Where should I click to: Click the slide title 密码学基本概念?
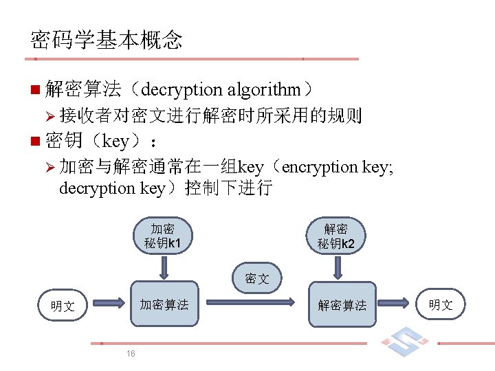click(x=107, y=40)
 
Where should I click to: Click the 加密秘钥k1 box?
click(x=163, y=236)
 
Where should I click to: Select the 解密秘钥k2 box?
click(x=337, y=236)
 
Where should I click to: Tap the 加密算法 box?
click(x=164, y=303)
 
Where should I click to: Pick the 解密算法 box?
click(x=342, y=304)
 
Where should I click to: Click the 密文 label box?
click(x=256, y=278)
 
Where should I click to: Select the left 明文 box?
click(x=63, y=306)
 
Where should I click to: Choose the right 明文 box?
click(x=441, y=304)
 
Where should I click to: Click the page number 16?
click(x=131, y=353)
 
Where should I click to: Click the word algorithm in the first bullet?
click(x=264, y=89)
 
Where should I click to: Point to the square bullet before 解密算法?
click(x=35, y=89)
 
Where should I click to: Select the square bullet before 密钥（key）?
click(x=35, y=142)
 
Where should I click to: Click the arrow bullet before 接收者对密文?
click(x=49, y=115)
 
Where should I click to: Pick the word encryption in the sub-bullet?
click(x=320, y=167)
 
